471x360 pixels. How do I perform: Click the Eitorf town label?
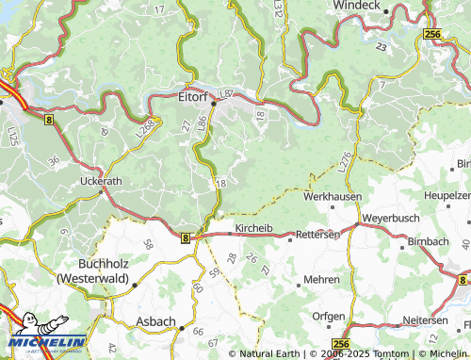click(192, 94)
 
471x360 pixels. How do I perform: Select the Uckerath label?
click(102, 179)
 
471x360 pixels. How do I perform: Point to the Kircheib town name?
click(252, 229)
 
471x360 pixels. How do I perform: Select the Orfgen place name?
click(328, 316)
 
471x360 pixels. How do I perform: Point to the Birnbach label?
click(429, 242)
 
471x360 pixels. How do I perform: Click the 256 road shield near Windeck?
click(432, 34)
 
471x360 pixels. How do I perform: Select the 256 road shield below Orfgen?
click(341, 343)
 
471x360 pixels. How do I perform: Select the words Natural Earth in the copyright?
click(269, 353)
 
